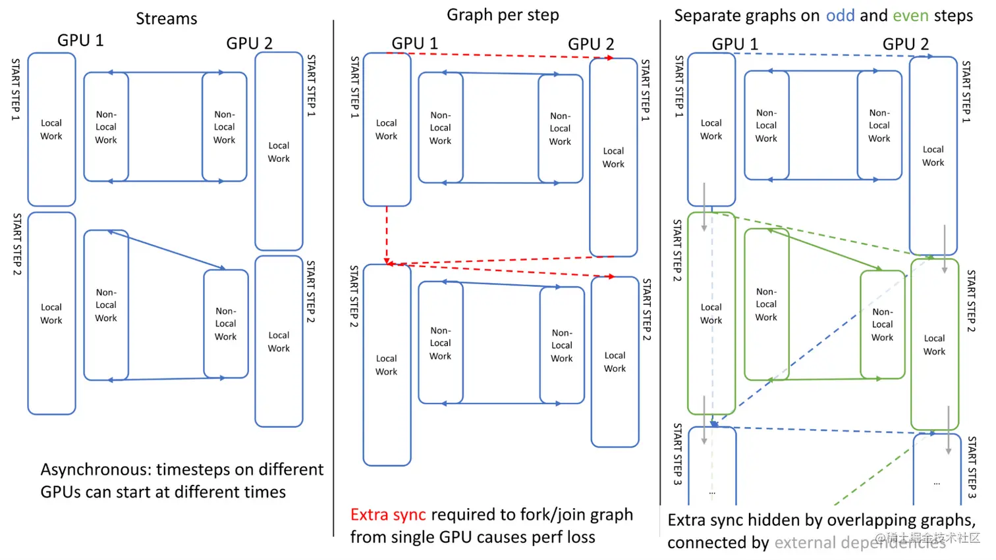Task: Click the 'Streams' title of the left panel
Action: (166, 18)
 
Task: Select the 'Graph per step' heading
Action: (503, 14)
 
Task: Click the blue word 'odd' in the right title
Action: (840, 15)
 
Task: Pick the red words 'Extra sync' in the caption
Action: (387, 515)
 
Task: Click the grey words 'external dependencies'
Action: (860, 543)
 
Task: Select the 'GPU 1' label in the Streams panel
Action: (80, 40)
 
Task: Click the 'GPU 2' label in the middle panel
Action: (591, 44)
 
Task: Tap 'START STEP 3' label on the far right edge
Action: (972, 467)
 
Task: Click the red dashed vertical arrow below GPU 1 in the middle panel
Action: (387, 234)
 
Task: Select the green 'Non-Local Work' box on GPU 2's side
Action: (883, 324)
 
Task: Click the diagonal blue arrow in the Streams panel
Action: (167, 250)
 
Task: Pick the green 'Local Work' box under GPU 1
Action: (711, 313)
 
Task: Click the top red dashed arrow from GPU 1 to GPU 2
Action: (501, 56)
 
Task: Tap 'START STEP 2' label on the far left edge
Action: (17, 244)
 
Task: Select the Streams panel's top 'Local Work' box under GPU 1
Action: (51, 130)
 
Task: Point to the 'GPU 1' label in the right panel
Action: (734, 44)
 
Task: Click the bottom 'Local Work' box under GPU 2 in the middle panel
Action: (615, 362)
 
